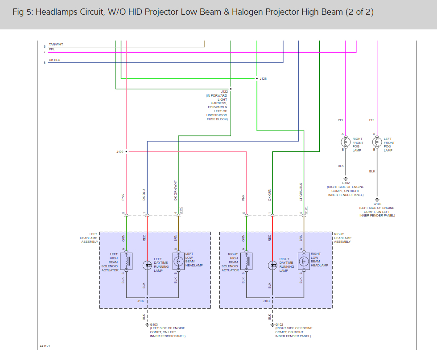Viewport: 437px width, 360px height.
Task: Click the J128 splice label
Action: click(263, 79)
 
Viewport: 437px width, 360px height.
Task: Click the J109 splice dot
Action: click(126, 151)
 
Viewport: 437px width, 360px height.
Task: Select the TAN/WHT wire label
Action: click(56, 45)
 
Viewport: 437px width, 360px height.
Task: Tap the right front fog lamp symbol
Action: click(346, 142)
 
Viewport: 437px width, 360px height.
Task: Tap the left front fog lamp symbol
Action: click(377, 142)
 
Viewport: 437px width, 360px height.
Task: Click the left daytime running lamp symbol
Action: click(147, 265)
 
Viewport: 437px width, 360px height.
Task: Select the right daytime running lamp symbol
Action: click(272, 265)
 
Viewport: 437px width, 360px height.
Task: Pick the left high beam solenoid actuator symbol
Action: click(126, 261)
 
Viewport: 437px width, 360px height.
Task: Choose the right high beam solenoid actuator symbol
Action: click(247, 261)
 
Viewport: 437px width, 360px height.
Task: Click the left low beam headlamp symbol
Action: click(178, 261)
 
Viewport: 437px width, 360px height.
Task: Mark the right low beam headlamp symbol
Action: click(304, 261)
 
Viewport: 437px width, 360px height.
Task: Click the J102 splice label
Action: click(141, 301)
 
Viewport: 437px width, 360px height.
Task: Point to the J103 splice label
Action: click(266, 301)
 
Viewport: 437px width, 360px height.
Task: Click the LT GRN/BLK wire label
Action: click(301, 192)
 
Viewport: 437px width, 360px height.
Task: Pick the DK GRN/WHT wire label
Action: click(176, 191)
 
